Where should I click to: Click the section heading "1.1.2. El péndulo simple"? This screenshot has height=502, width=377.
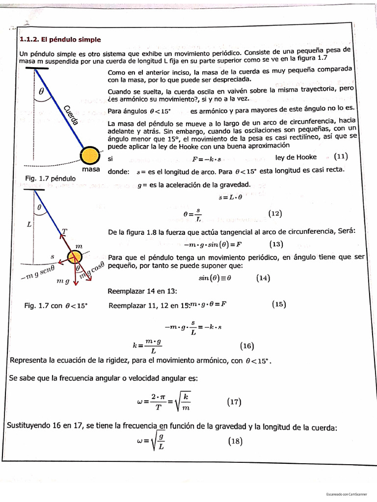point(59,40)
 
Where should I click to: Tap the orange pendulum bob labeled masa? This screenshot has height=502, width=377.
point(90,155)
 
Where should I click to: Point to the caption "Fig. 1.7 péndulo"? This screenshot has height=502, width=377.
point(50,178)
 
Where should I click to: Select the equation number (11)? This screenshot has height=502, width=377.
point(340,157)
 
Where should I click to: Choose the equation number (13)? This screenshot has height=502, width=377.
point(276,244)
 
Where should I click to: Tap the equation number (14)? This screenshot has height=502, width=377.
point(263,278)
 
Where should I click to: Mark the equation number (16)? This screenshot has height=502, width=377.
point(247,346)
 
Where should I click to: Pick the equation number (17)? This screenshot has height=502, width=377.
point(234,402)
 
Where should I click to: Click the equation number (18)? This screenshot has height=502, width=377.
point(236,441)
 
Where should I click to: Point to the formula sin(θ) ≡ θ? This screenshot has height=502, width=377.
point(214,278)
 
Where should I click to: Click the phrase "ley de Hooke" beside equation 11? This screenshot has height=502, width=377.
point(296,157)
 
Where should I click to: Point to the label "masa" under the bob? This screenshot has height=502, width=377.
point(91,169)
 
